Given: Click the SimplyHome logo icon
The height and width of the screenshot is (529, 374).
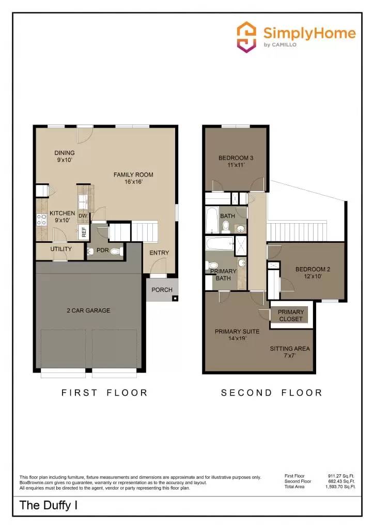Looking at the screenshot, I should pyautogui.click(x=246, y=37).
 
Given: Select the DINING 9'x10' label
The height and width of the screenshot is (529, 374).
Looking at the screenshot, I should pyautogui.click(x=65, y=156).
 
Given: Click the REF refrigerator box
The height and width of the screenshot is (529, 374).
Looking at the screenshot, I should pyautogui.click(x=84, y=232).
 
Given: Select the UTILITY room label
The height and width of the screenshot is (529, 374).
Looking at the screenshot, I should pyautogui.click(x=60, y=249).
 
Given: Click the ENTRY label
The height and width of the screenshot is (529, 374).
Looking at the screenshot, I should pyautogui.click(x=159, y=253).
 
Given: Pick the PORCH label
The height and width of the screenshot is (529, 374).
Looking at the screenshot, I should pyautogui.click(x=162, y=290).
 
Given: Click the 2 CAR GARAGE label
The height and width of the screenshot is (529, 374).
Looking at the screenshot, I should pyautogui.click(x=88, y=310).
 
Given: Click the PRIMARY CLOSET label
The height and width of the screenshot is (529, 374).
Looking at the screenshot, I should pyautogui.click(x=291, y=315).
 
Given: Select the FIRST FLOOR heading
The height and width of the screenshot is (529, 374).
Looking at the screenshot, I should pyautogui.click(x=104, y=393).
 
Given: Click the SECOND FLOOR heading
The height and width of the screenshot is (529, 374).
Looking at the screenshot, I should pyautogui.click(x=271, y=393).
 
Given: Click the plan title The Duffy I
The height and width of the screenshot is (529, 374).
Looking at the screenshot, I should pyautogui.click(x=49, y=505).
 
